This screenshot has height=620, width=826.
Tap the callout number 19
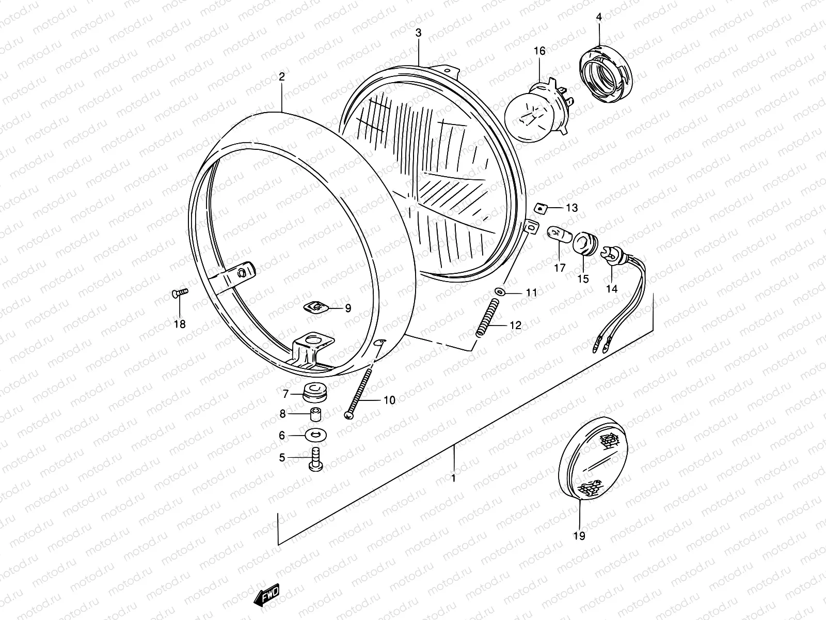coord(579,536)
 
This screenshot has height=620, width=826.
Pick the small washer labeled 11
coord(498,292)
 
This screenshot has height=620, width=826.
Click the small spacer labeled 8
coord(316,414)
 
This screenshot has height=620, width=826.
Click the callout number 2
coord(281,77)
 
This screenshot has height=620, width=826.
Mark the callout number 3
coord(418,33)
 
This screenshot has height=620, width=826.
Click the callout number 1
coord(453,478)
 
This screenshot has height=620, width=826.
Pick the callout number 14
coord(611,289)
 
